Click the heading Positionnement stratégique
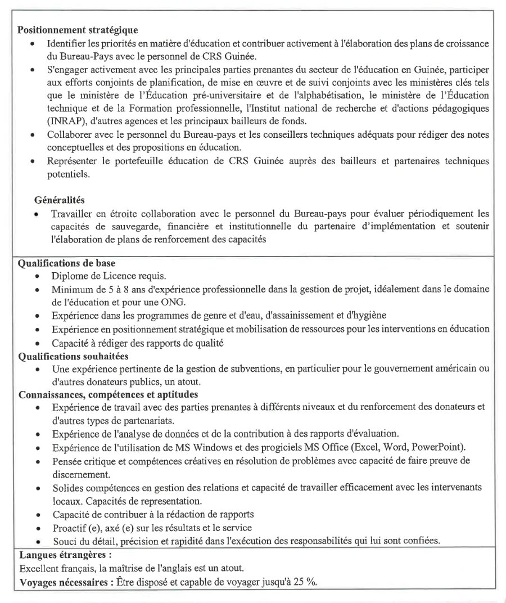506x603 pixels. [78, 29]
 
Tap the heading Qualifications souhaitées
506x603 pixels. [74, 356]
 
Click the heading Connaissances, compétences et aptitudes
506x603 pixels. [108, 395]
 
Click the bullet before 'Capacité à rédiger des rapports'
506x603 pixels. [37, 343]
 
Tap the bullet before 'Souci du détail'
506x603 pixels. [37, 541]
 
